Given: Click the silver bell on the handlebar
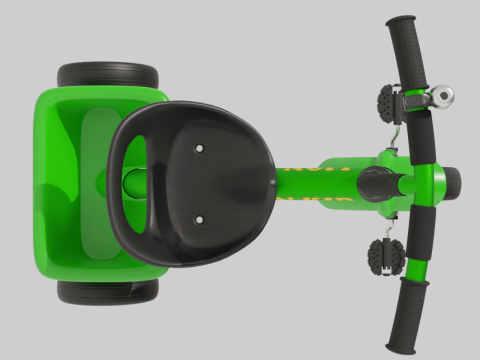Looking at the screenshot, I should click(440, 97).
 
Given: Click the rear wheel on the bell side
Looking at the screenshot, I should click(107, 76).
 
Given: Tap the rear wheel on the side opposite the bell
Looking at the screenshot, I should click(107, 291).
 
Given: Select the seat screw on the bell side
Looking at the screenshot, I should click(199, 147).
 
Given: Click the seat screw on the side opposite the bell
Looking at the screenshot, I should click(199, 218).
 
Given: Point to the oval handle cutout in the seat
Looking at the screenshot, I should click(136, 182).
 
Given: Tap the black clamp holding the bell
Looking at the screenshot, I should click(414, 100).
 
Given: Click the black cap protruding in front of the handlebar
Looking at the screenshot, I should click(452, 181).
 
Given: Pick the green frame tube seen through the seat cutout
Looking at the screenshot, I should click(136, 183).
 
